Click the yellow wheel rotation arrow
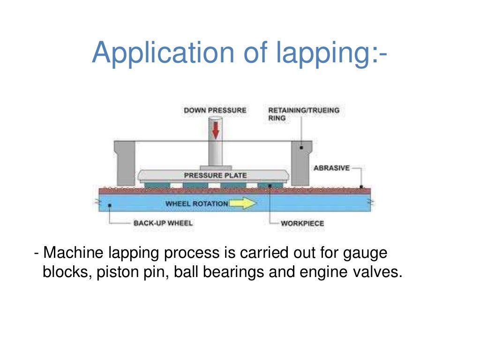click(243, 204)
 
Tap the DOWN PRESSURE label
click(215, 111)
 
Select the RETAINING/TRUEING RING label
click(303, 114)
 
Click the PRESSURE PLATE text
click(215, 176)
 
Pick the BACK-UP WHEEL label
click(163, 223)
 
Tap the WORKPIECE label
click(302, 223)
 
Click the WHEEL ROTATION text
click(197, 204)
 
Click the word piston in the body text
click(113, 272)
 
